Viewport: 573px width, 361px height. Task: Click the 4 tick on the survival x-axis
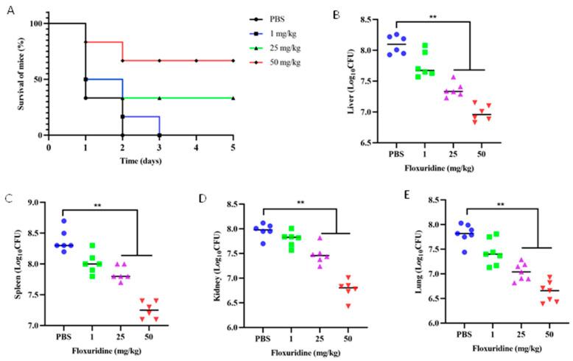pyautogui.click(x=196, y=147)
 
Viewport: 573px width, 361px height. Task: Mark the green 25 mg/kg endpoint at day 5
pyautogui.click(x=233, y=98)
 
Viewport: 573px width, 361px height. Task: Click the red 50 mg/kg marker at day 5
pyautogui.click(x=233, y=60)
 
